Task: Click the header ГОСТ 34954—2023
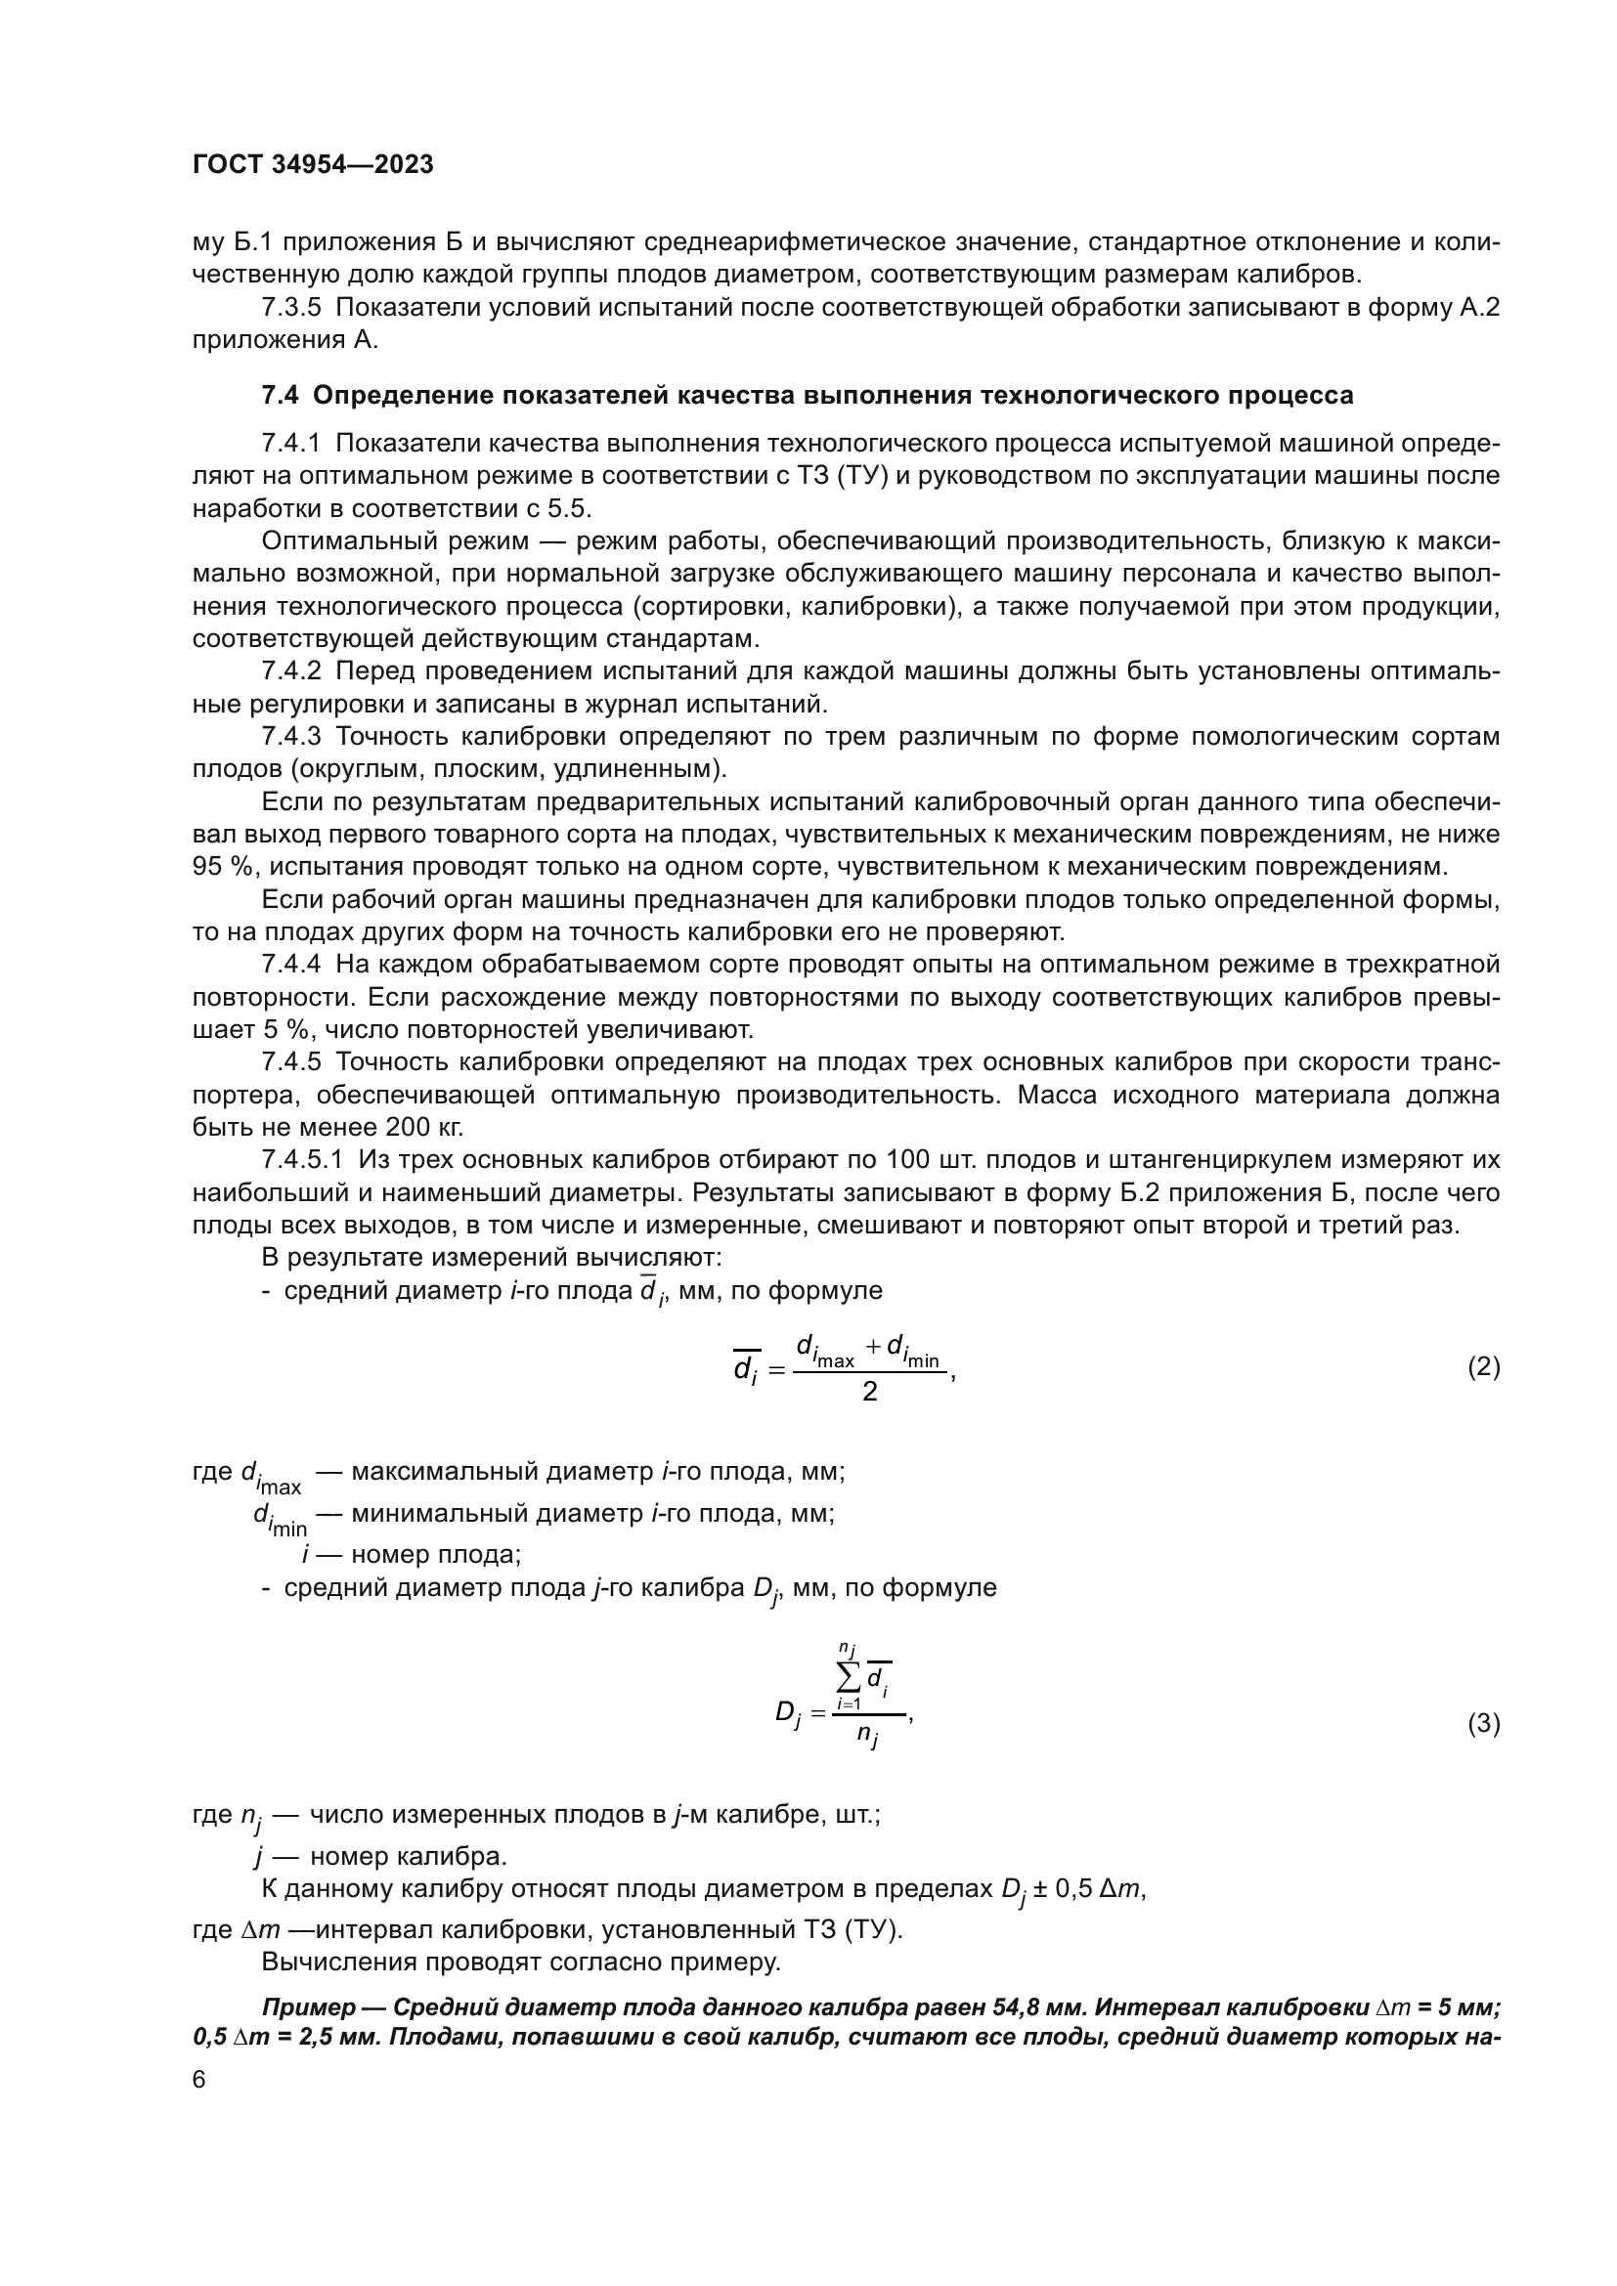(x=313, y=165)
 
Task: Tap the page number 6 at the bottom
(x=199, y=2080)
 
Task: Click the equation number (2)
(x=1484, y=1367)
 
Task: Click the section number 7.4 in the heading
(x=280, y=396)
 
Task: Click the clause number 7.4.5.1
(x=302, y=1160)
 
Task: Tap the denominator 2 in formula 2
(x=869, y=1392)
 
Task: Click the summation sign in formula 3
(x=849, y=1678)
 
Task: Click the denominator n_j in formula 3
(x=867, y=1737)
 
